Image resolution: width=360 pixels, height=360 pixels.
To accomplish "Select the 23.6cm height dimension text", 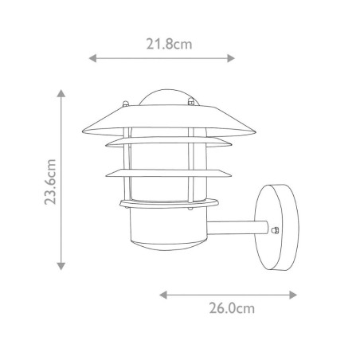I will coord(51,182).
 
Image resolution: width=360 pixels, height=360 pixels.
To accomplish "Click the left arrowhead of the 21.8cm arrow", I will coord(92,58).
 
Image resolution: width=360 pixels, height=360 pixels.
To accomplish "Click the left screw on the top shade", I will coord(125,103).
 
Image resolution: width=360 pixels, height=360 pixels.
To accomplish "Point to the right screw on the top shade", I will coord(192,102).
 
